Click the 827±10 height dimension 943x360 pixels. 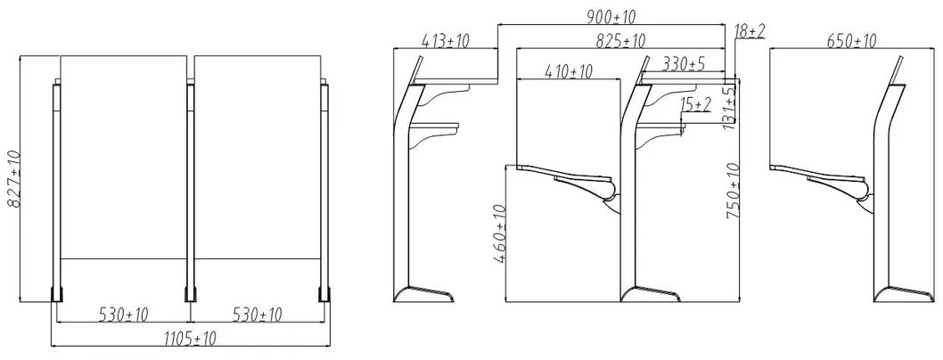pyautogui.click(x=12, y=179)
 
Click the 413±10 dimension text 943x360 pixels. pyautogui.click(x=444, y=41)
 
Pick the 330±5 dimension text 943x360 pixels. pyautogui.click(x=684, y=64)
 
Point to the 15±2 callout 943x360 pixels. pyautogui.click(x=695, y=105)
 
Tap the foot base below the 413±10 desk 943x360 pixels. pyautogui.click(x=426, y=296)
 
